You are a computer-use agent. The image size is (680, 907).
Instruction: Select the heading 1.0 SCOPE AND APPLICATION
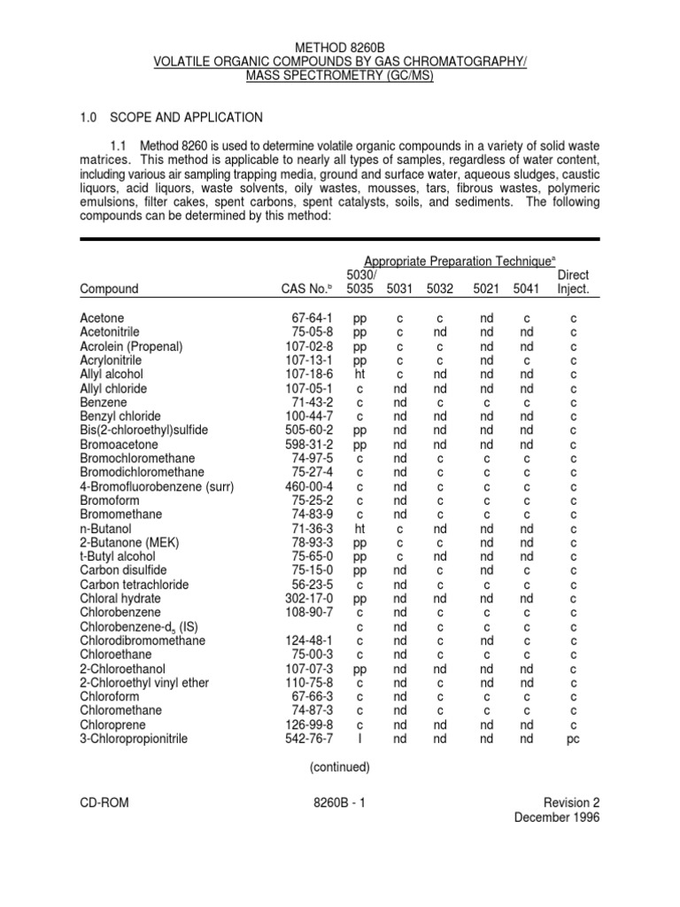tap(171, 116)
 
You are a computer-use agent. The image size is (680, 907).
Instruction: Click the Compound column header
tap(109, 288)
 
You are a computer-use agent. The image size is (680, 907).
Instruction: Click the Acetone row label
tap(102, 317)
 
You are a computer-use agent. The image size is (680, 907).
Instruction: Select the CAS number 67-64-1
tap(312, 317)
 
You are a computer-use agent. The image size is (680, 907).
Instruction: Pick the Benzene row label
tap(104, 401)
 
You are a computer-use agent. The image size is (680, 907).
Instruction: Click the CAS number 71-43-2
tap(312, 401)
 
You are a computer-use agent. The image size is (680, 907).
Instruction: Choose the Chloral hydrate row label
tap(120, 598)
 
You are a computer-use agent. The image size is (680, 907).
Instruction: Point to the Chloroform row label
tap(108, 696)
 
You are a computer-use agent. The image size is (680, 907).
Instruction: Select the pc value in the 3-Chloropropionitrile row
tap(573, 739)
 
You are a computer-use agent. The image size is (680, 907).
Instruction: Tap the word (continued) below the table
tap(340, 767)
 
